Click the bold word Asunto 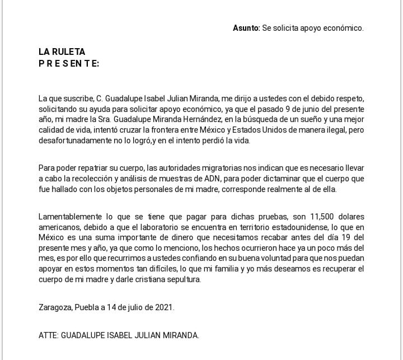(x=246, y=27)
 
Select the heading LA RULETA (x=62, y=52)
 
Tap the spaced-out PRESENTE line (x=69, y=63)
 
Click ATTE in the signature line (x=48, y=335)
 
